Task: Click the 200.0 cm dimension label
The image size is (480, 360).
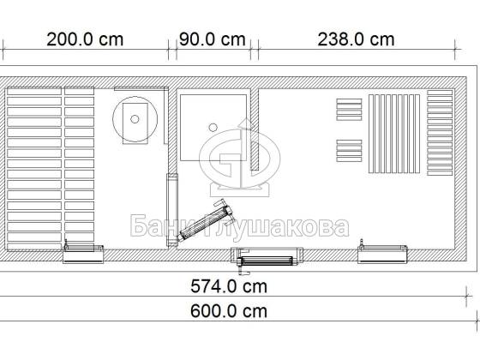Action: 85,39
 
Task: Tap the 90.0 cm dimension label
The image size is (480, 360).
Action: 213,39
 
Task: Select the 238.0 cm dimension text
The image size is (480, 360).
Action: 356,39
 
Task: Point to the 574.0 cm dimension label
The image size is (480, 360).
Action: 229,287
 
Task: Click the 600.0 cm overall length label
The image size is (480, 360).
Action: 229,311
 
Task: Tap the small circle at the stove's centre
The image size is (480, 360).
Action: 135,119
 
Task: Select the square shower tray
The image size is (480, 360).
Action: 213,128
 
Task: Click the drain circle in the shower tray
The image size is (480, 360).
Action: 213,127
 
